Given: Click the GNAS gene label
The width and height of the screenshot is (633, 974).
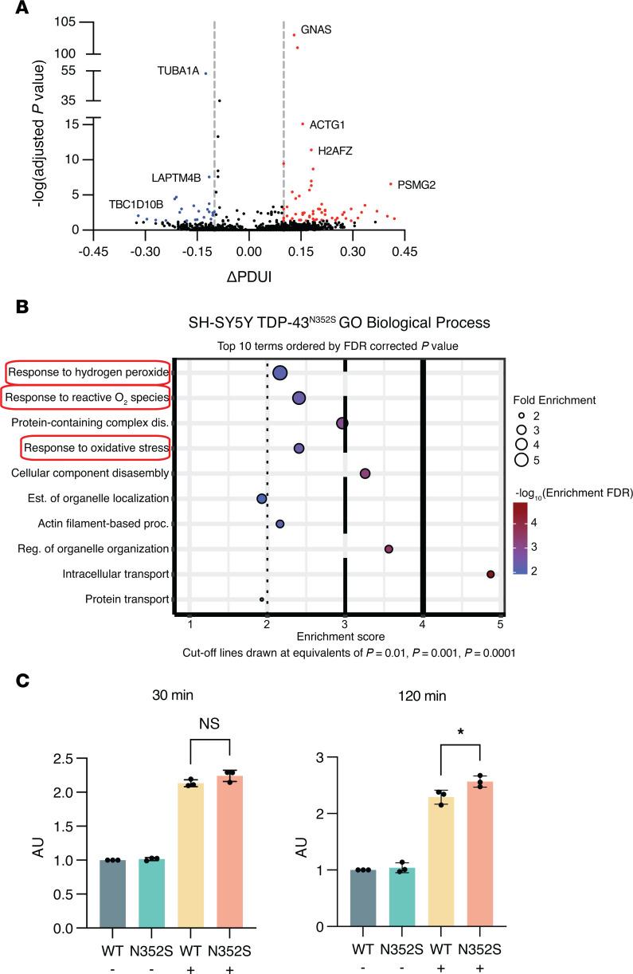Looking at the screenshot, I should pyautogui.click(x=316, y=30).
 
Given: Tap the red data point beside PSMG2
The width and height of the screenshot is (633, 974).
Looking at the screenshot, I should pyautogui.click(x=391, y=184).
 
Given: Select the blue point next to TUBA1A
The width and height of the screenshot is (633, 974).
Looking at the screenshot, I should pyautogui.click(x=205, y=73).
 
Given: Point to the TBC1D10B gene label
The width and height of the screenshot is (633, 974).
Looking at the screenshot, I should pyautogui.click(x=136, y=205).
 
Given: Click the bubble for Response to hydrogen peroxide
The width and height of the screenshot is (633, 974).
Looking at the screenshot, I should pyautogui.click(x=280, y=373).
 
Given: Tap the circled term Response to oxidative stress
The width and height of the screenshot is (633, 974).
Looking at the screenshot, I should pyautogui.click(x=96, y=449).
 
